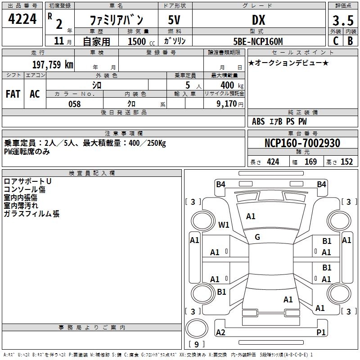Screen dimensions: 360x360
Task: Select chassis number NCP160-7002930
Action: coord(302,144)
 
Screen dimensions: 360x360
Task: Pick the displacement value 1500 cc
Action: coord(137,41)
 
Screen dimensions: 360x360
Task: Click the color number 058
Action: coord(74,103)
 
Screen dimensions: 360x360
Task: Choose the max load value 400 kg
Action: coord(227,85)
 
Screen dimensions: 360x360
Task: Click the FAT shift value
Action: coord(13,94)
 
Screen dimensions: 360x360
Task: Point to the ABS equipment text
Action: coord(258,121)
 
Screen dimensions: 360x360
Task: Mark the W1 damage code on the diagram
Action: coord(224,225)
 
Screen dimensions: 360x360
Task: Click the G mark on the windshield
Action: coord(257,237)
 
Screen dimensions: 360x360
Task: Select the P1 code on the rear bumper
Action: coord(321,332)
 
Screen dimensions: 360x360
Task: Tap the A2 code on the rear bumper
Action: coord(220,332)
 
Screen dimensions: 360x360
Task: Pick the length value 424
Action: coord(273,162)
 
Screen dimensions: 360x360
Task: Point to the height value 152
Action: coord(346,162)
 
